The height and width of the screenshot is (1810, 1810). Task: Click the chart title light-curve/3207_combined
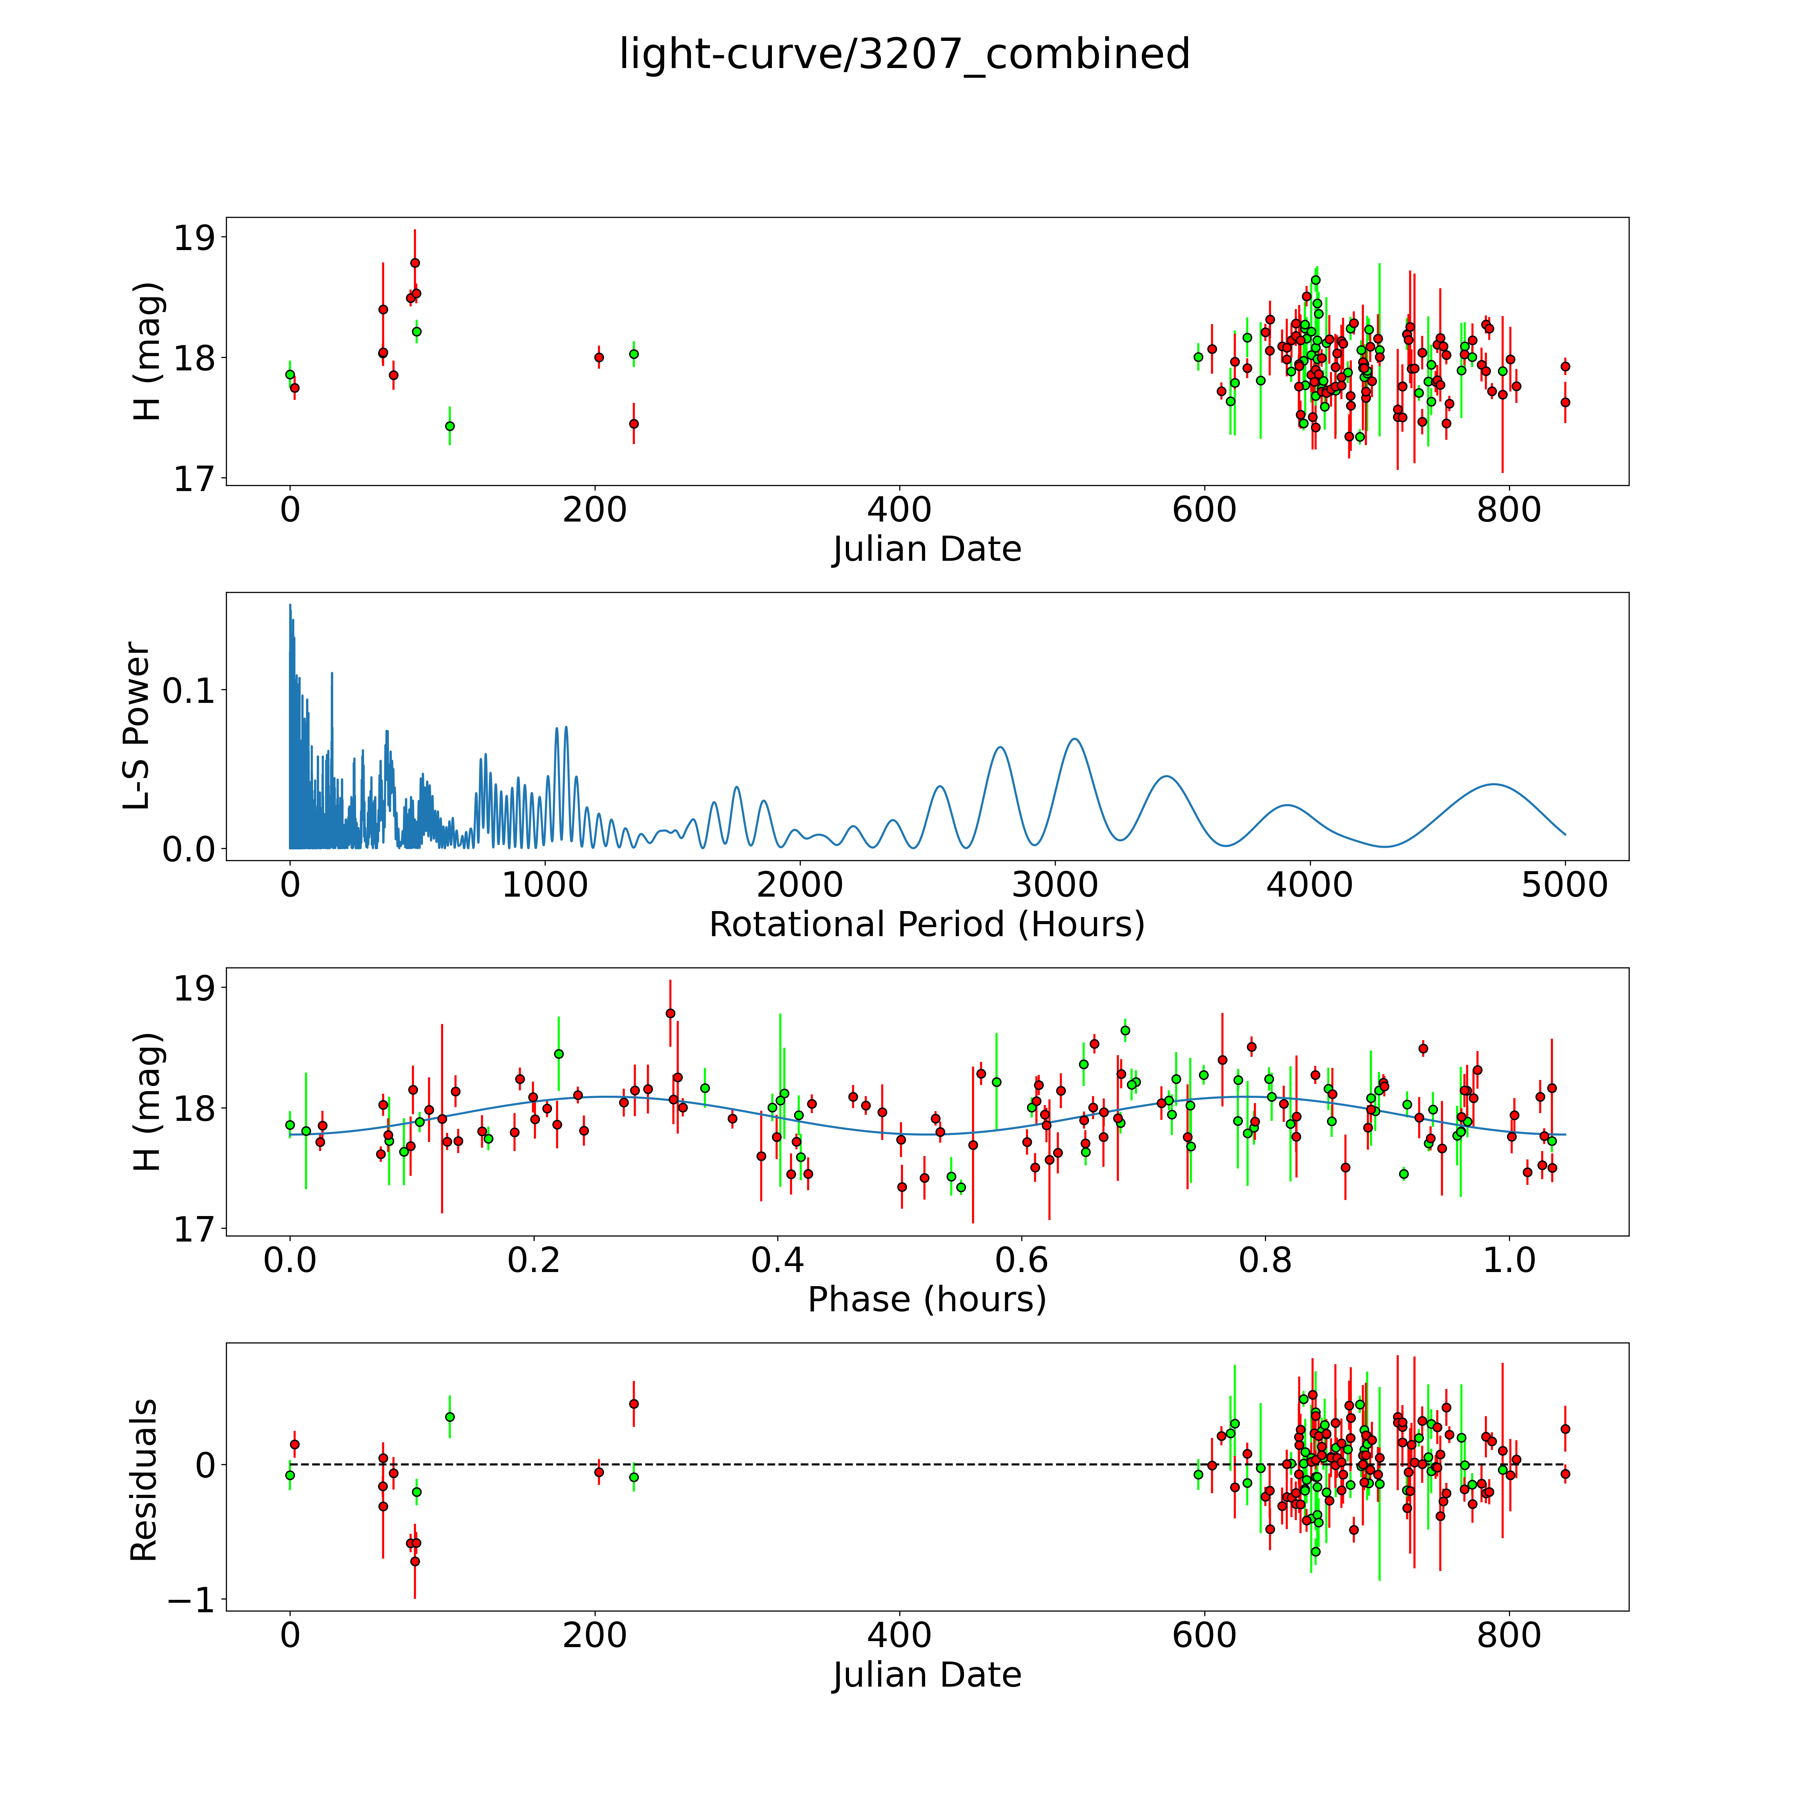pos(904,54)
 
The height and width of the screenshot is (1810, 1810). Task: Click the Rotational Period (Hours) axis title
pos(926,925)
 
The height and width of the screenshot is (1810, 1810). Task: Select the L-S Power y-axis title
pos(137,726)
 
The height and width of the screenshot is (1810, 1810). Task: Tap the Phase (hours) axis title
pos(926,1300)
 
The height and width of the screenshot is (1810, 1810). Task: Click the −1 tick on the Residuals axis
pos(190,1601)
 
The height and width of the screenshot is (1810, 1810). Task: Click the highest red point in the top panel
pos(415,263)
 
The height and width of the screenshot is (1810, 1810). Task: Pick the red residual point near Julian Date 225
pos(633,1403)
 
